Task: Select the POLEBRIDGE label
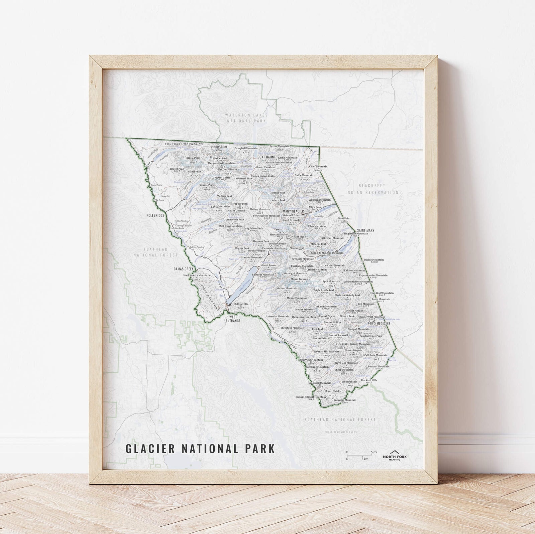(155, 216)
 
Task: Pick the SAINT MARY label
(365, 230)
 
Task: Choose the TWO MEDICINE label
(380, 324)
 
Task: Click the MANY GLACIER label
(293, 211)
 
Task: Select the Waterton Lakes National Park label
(246, 118)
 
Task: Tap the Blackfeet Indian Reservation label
(378, 189)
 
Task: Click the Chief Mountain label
(318, 166)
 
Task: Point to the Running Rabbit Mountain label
(310, 397)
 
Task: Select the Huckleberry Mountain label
(197, 276)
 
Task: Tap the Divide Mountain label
(374, 259)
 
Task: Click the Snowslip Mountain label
(345, 400)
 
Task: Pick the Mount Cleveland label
(265, 167)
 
